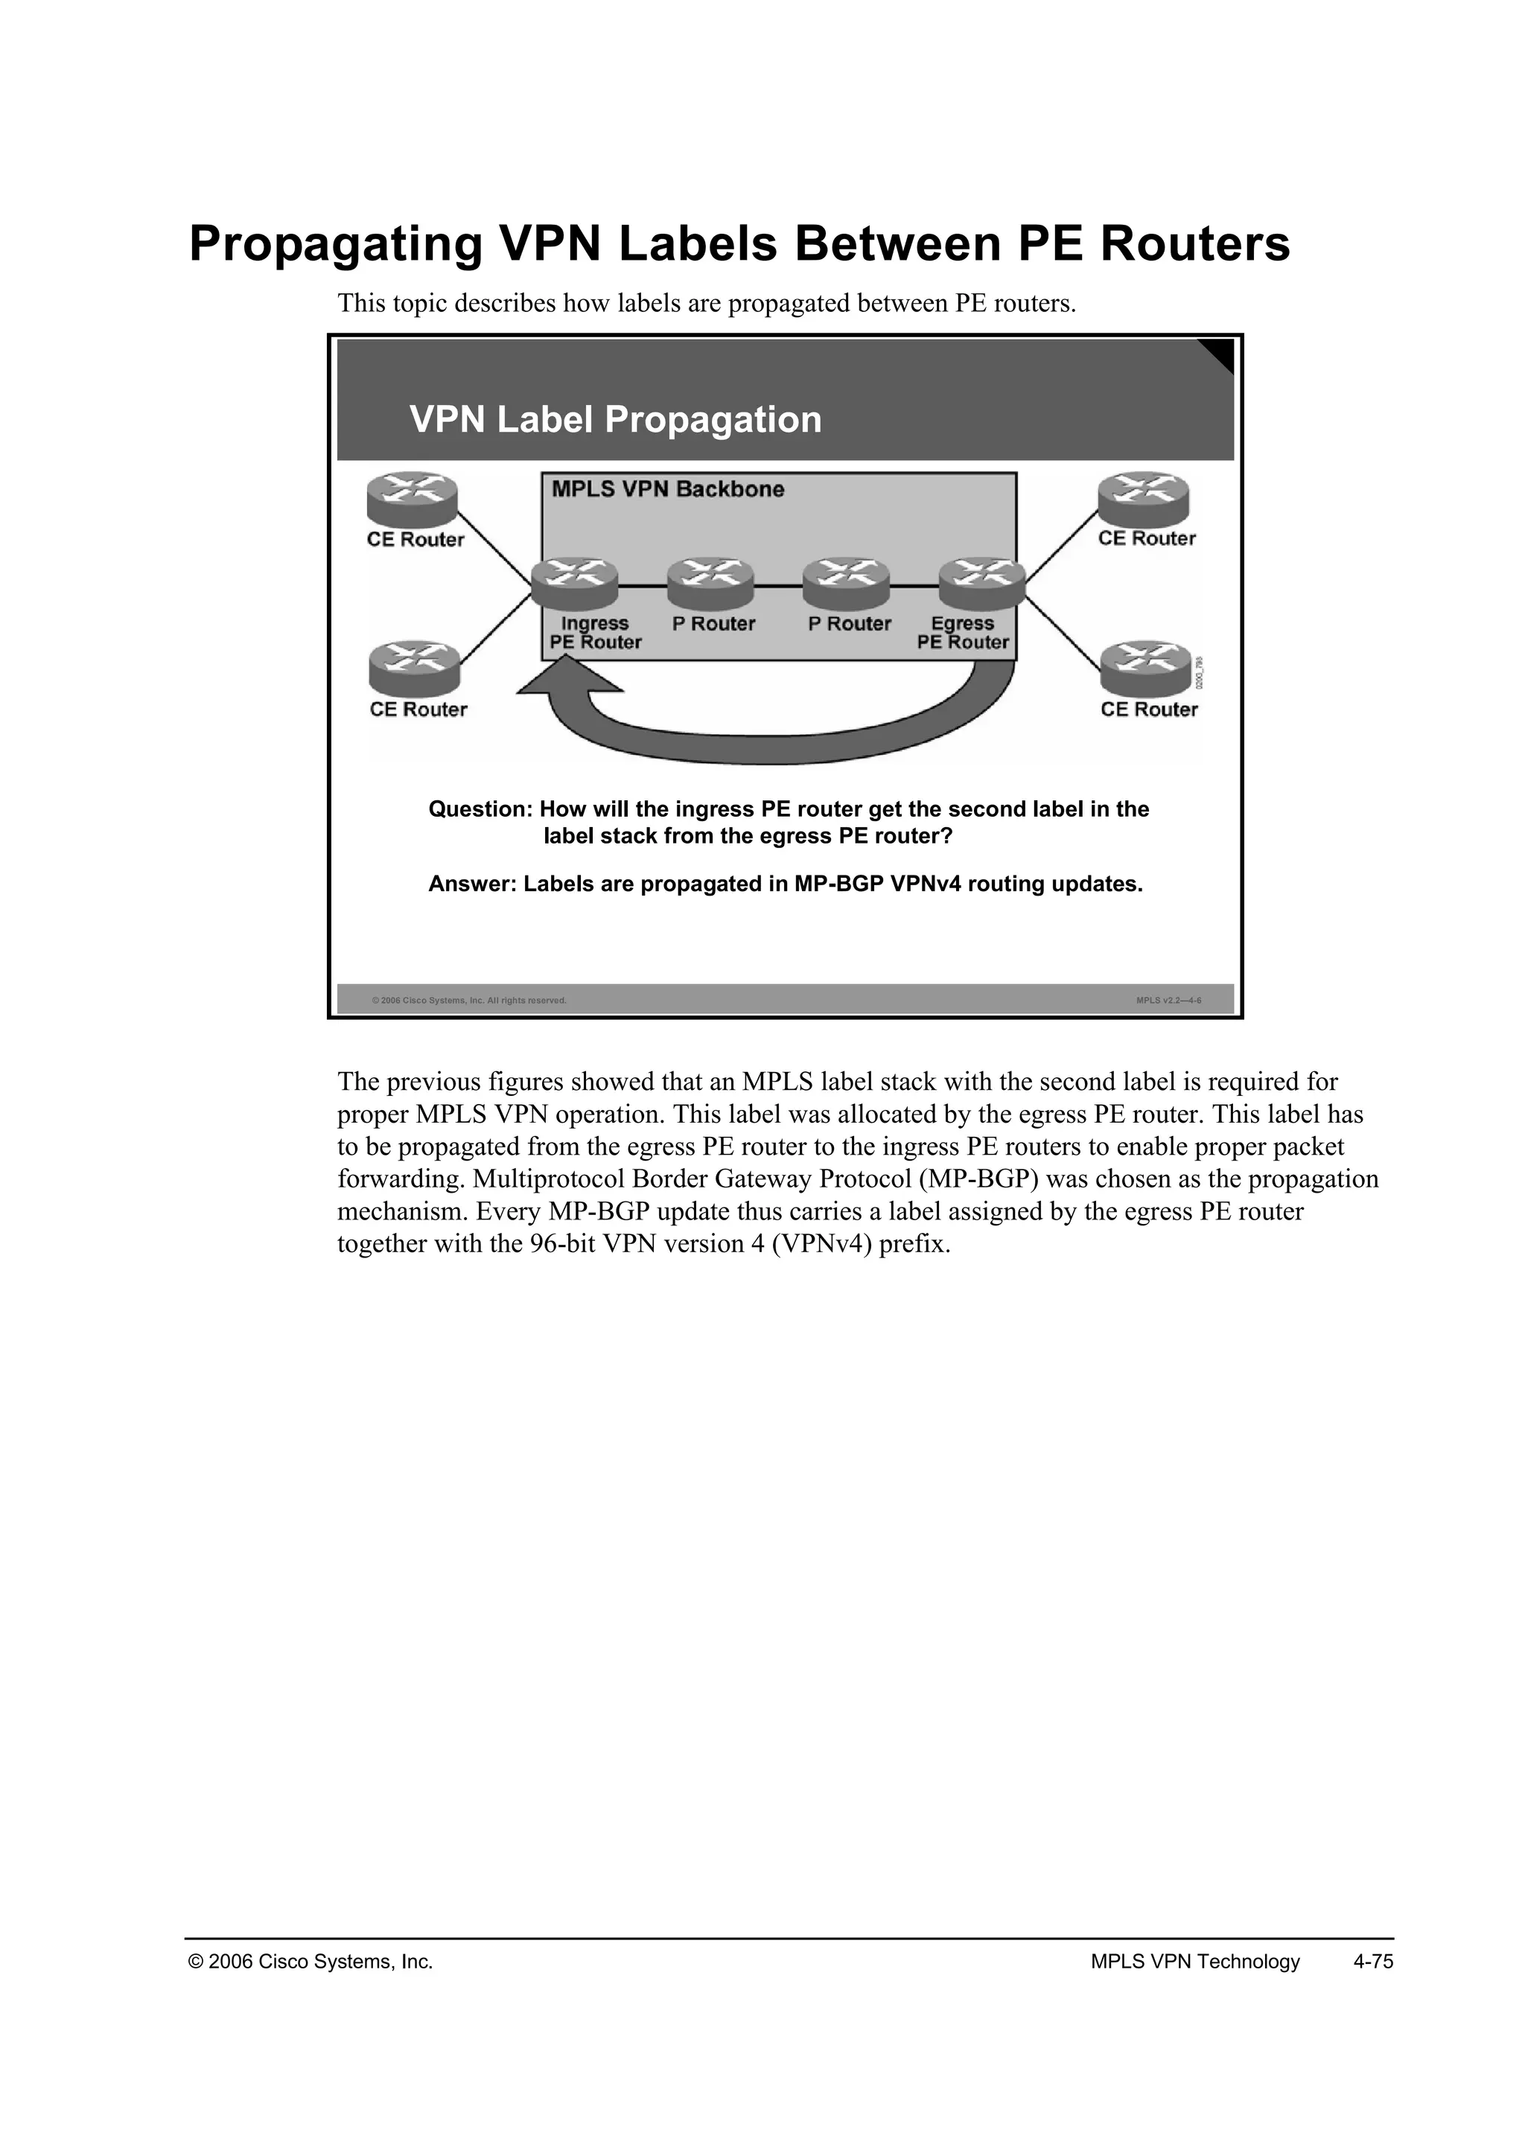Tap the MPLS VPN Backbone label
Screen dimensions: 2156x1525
coord(668,489)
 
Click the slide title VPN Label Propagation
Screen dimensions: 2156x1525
coord(615,420)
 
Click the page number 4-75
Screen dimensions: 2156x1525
coord(1373,1962)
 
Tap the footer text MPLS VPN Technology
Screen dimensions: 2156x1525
coord(1194,1962)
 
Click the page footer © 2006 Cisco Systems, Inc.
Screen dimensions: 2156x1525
coord(311,1962)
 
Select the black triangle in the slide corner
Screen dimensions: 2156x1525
coord(1220,354)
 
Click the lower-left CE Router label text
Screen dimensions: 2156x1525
coord(418,710)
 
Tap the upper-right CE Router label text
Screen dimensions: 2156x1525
coord(1147,539)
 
